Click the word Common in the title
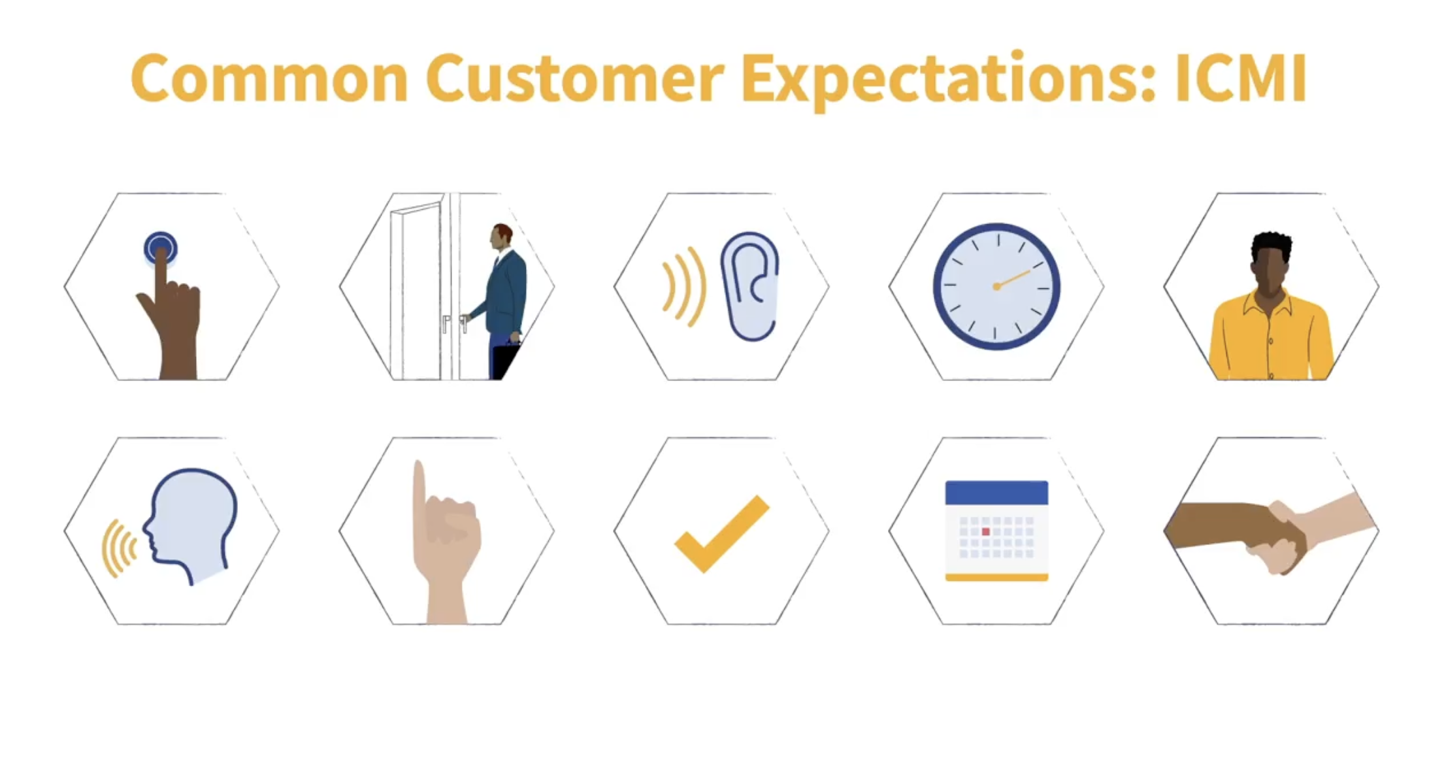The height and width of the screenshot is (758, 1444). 269,78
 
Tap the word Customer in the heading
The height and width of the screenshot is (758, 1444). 574,78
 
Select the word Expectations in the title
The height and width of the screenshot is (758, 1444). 947,80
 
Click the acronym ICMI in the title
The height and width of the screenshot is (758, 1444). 1240,78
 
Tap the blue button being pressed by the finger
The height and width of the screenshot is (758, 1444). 160,248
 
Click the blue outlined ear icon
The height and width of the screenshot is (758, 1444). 750,286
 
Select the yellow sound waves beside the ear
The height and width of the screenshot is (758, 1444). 684,286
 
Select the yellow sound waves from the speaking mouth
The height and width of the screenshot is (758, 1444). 119,548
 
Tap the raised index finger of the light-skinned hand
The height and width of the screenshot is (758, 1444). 419,497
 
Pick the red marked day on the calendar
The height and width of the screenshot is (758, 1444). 985,532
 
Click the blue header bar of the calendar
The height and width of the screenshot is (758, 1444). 996,492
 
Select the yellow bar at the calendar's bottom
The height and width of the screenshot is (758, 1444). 996,577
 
